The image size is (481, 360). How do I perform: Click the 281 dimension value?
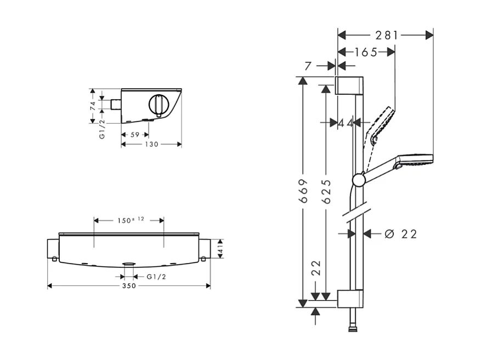pos(387,36)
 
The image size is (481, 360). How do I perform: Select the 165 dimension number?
pos(366,53)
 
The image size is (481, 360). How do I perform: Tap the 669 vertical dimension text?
pos(302,190)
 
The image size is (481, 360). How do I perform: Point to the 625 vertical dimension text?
pos(326,191)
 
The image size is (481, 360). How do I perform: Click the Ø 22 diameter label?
pos(401,234)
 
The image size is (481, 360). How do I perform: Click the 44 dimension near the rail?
pos(346,123)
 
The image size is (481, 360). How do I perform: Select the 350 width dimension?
pos(129,286)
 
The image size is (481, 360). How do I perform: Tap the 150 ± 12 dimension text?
pos(129,220)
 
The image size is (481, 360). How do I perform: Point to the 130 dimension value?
pos(151,145)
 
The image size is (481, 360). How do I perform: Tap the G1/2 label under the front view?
pos(156,277)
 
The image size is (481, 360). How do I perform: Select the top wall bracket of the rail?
pos(349,86)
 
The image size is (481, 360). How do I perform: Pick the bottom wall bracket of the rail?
pos(349,299)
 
